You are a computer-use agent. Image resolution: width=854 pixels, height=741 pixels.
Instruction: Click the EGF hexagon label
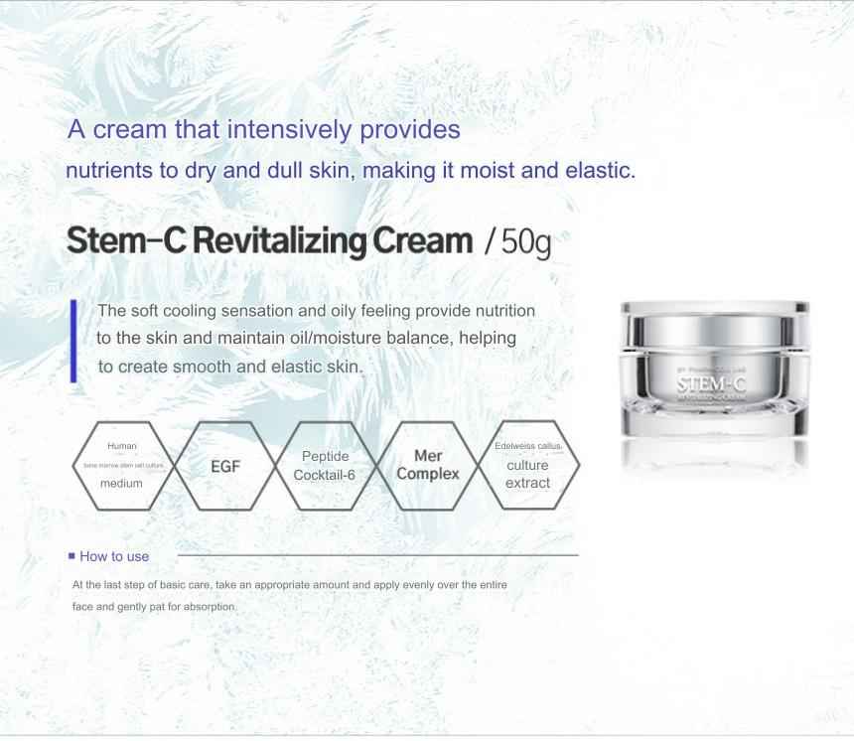click(x=225, y=466)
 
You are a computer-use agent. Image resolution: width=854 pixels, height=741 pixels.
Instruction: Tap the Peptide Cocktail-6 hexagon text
click(x=324, y=466)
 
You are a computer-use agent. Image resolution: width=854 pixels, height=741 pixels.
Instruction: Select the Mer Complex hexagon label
click(x=428, y=465)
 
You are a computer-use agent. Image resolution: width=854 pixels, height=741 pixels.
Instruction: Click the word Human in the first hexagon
click(x=122, y=446)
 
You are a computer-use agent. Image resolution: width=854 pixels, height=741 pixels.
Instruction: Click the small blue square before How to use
click(x=71, y=555)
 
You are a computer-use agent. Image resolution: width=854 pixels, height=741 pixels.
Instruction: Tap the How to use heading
click(x=114, y=556)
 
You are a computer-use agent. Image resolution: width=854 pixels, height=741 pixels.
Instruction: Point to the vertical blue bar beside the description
click(x=73, y=339)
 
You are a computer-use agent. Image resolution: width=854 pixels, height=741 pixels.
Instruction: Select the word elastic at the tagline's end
click(x=599, y=169)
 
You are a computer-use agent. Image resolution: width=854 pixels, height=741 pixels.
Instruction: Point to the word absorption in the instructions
click(x=211, y=606)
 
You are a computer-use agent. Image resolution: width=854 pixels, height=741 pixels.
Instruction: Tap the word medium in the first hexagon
click(x=121, y=484)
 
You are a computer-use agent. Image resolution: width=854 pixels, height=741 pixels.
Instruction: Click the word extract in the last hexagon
click(x=527, y=483)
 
